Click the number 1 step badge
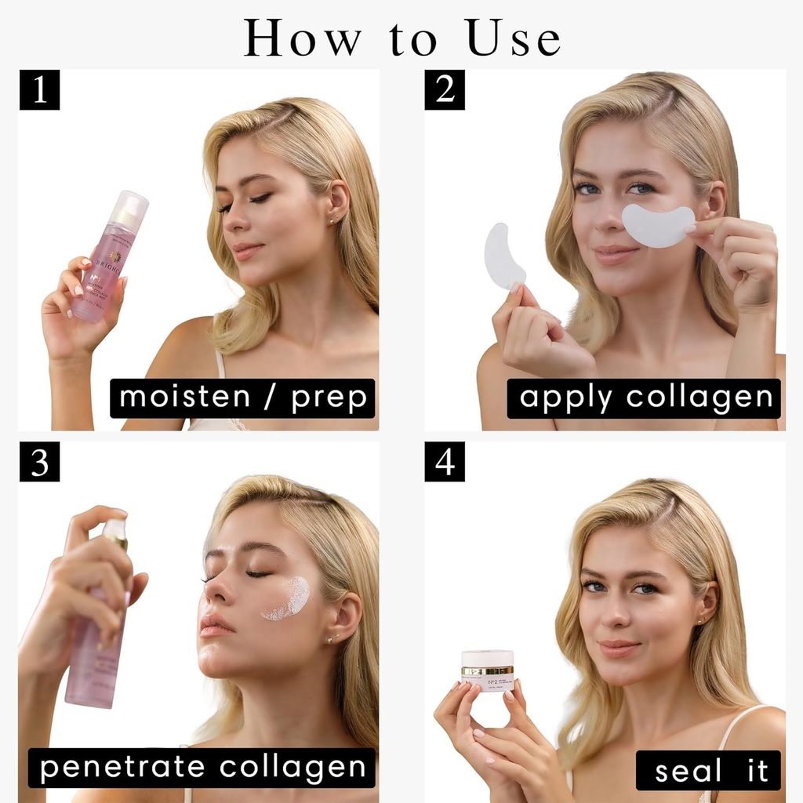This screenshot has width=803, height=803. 39,89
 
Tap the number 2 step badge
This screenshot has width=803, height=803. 445,89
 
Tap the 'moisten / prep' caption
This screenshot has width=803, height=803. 243,398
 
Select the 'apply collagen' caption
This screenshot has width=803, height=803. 645,398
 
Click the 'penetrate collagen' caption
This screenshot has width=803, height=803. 202,768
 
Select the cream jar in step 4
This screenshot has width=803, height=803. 488,670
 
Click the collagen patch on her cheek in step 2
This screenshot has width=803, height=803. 659,225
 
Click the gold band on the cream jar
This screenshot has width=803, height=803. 488,670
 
